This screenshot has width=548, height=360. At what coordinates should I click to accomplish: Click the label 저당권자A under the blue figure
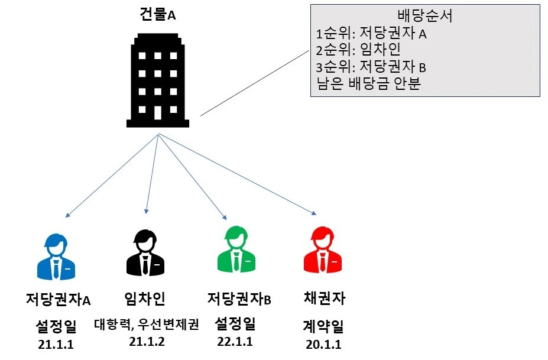59,299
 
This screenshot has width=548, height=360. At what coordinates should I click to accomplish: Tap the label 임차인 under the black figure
145,298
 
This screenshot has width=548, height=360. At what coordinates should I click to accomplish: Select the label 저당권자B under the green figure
239,299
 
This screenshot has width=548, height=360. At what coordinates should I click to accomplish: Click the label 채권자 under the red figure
323,298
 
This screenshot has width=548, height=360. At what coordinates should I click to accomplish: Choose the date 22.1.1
235,341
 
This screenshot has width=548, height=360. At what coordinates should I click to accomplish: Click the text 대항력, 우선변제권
146,325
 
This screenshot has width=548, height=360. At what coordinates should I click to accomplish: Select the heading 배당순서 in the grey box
426,17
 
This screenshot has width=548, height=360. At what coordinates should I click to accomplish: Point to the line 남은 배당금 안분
368,83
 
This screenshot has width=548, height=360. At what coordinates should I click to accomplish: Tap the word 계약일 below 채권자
323,326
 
